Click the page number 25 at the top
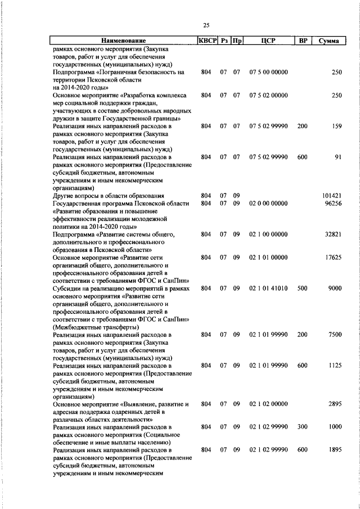click(206, 25)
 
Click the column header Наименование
click(123, 40)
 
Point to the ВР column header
click(302, 40)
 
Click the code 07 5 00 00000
click(268, 72)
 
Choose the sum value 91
click(338, 157)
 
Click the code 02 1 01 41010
click(268, 288)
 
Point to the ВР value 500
click(302, 288)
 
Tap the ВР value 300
click(302, 427)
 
